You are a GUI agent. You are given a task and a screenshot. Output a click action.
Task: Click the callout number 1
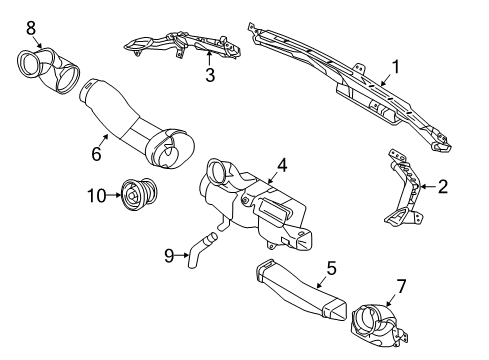[395, 67]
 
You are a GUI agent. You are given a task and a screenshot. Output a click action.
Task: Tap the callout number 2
[443, 187]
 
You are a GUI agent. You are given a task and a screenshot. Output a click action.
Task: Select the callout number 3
[210, 75]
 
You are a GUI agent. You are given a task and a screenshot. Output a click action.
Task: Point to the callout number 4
[282, 165]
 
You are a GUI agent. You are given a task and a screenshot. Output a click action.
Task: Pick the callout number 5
[331, 268]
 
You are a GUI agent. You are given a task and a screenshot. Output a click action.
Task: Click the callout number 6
[96, 154]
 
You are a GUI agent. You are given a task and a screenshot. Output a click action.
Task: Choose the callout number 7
[401, 286]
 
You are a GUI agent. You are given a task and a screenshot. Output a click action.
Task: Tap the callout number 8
[31, 28]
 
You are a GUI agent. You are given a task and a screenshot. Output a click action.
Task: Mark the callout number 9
[169, 256]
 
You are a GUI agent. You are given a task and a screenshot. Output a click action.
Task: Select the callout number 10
[97, 196]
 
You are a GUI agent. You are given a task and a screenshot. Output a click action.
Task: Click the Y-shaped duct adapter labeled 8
[48, 70]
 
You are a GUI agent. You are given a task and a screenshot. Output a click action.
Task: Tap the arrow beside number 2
[428, 187]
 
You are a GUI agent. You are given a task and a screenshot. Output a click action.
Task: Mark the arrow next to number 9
[182, 256]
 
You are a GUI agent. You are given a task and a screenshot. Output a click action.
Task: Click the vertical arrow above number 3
[209, 58]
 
